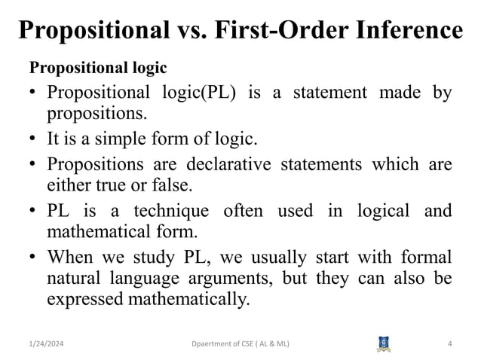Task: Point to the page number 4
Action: pos(449,344)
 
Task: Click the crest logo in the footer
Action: pos(384,343)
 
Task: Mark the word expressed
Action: pos(83,299)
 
